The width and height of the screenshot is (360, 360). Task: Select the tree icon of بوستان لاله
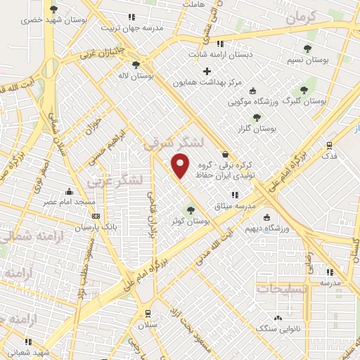(135, 65)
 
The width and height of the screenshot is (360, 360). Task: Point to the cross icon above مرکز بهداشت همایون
(207, 71)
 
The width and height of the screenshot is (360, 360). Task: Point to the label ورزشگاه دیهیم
(269, 229)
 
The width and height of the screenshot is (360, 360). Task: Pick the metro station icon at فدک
(329, 145)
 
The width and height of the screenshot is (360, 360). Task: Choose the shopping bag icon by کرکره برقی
(224, 154)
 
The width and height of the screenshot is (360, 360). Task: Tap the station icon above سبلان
(147, 314)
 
